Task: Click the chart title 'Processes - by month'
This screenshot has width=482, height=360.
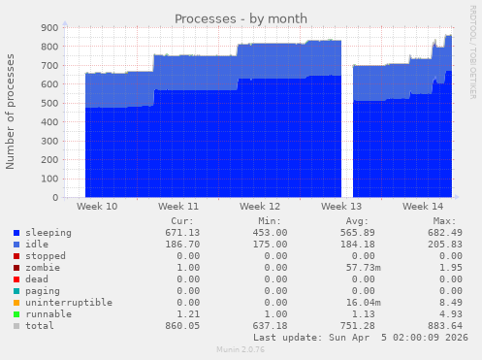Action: tap(241, 18)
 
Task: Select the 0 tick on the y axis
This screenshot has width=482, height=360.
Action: tap(55, 198)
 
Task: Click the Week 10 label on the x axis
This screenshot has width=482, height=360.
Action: tap(96, 208)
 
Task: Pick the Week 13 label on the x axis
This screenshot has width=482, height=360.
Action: tap(340, 208)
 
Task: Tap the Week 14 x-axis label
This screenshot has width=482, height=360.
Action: tap(422, 208)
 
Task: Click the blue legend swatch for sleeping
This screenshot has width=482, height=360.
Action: tap(16, 234)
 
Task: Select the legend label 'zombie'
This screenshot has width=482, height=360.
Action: tap(42, 267)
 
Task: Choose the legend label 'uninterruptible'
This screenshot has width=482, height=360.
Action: tap(68, 303)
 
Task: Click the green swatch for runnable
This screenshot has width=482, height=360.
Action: tap(16, 315)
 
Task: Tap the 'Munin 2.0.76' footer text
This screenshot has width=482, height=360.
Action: tap(241, 351)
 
